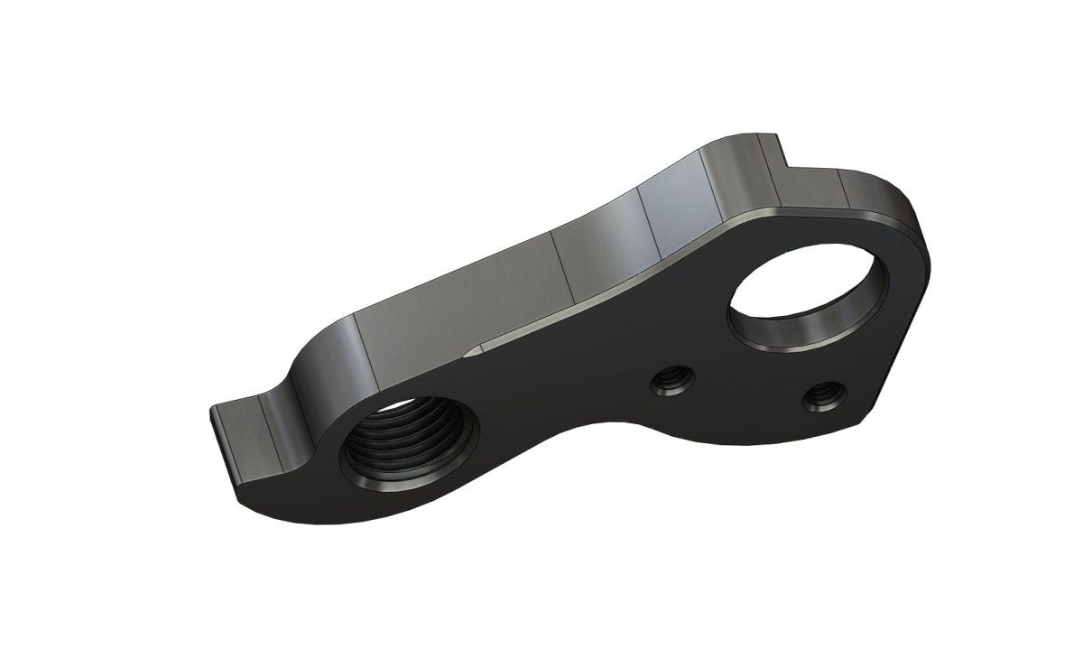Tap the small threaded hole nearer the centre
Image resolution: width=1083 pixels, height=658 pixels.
coord(671,383)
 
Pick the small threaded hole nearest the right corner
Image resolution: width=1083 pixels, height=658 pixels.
coord(822,394)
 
